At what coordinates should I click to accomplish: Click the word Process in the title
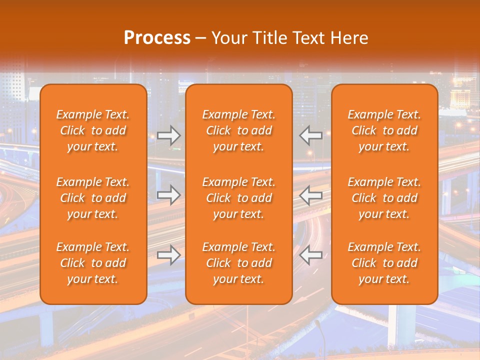coord(157,38)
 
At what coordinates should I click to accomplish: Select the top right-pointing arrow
coord(168,135)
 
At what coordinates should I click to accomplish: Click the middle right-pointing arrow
coord(168,194)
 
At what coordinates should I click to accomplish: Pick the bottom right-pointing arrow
coord(168,255)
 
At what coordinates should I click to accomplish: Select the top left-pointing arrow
coord(311,135)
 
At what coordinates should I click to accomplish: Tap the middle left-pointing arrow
coord(311,194)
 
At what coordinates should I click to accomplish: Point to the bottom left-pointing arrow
coord(311,255)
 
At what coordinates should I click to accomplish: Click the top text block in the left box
coord(93,130)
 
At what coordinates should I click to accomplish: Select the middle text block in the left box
coord(93,198)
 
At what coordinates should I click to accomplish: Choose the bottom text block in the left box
coord(93,263)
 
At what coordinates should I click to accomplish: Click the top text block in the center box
coord(238,130)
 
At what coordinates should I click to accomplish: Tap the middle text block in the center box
coord(238,198)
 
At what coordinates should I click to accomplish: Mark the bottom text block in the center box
coord(238,263)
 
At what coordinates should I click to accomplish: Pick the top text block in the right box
coord(384,130)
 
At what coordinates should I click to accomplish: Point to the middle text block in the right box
coord(384,198)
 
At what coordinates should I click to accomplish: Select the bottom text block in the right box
coord(384,263)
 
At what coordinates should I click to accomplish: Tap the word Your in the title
coord(228,38)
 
